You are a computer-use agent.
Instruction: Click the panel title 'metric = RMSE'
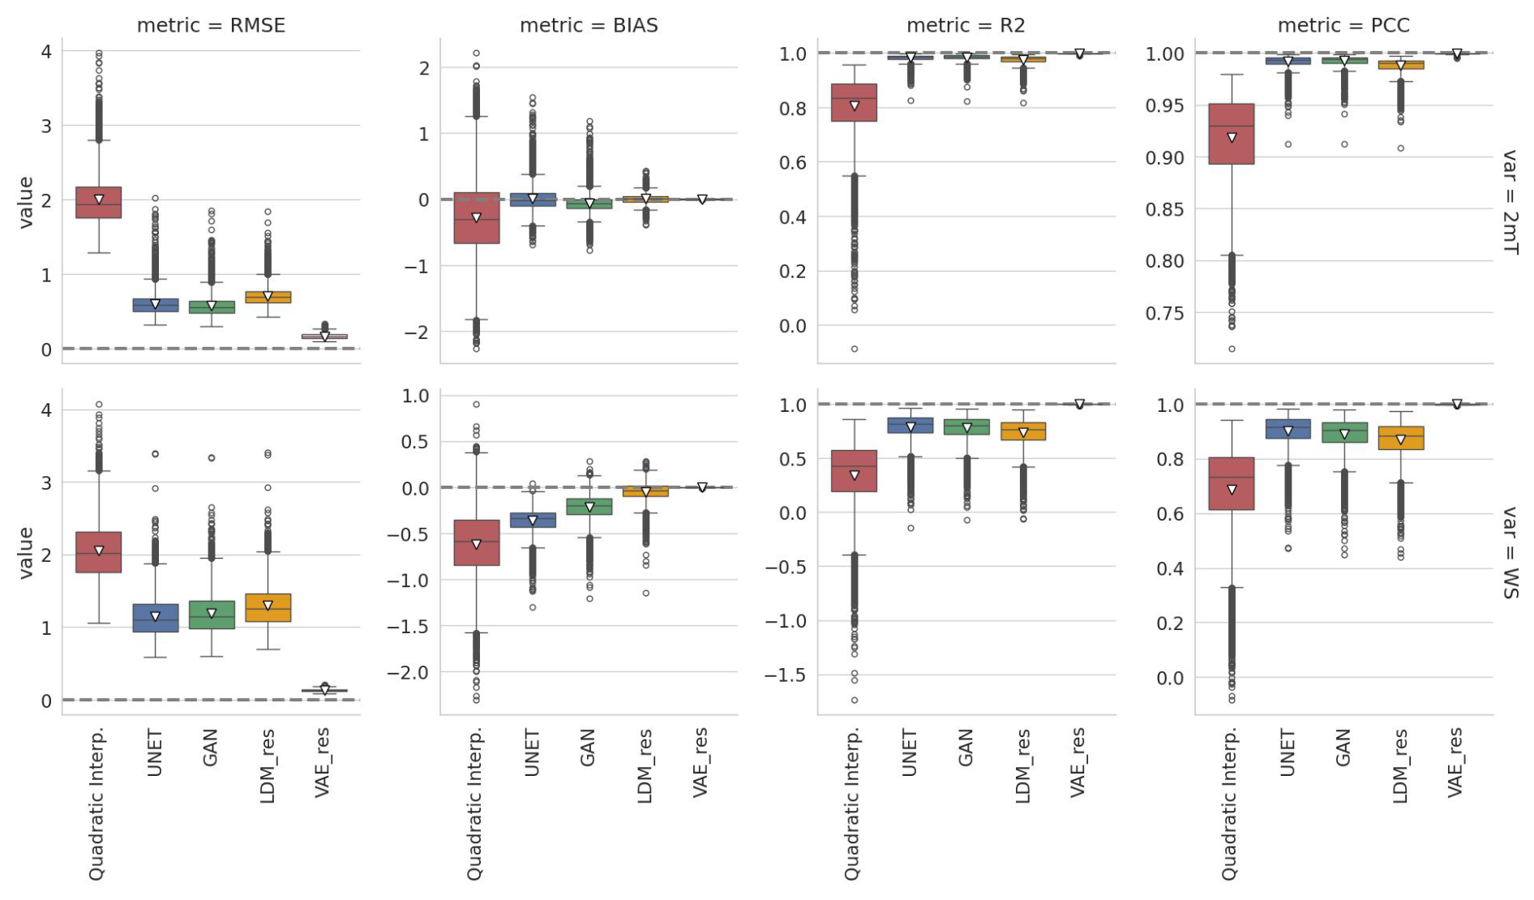click(x=211, y=25)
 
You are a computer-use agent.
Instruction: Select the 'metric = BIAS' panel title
click(x=589, y=25)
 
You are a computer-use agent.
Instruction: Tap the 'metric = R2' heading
click(x=966, y=25)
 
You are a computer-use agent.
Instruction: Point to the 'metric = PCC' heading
click(x=1343, y=25)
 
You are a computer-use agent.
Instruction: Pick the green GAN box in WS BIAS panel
click(x=589, y=507)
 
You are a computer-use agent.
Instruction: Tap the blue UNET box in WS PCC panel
click(x=1288, y=429)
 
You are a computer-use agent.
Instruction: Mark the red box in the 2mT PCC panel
click(x=1232, y=134)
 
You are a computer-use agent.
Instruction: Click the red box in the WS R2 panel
click(x=855, y=471)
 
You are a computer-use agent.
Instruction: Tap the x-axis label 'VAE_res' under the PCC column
click(x=1455, y=762)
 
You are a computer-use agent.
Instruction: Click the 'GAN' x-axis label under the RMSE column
click(x=211, y=747)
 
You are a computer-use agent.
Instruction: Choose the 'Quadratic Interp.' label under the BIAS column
click(x=475, y=804)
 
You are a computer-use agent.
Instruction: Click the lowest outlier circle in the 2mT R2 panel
click(x=855, y=349)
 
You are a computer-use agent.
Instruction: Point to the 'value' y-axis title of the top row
click(x=26, y=202)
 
